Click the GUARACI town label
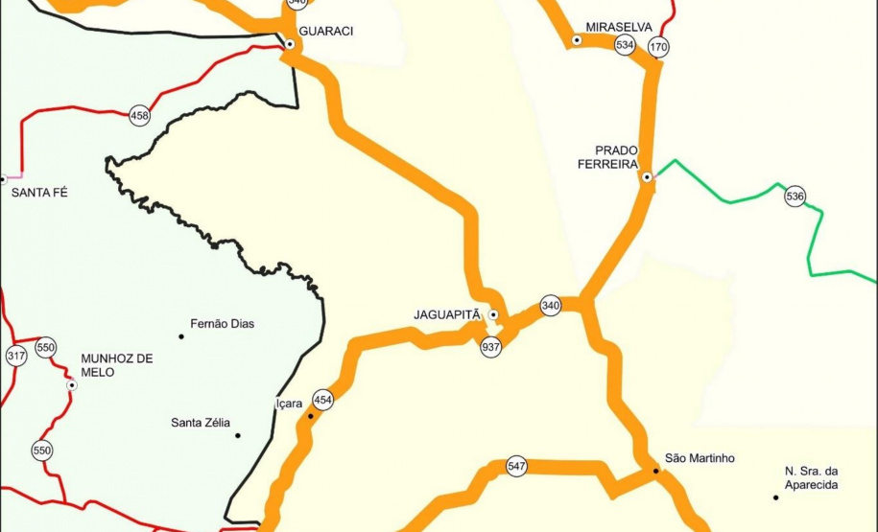tap(326, 31)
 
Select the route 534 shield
tap(625, 45)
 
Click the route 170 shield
tap(657, 47)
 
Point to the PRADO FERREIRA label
tap(608, 157)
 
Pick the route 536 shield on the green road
tap(795, 197)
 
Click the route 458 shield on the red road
tap(140, 116)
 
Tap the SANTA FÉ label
tap(39, 193)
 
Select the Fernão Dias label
tap(223, 324)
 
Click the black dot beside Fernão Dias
tap(180, 335)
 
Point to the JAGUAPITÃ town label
tap(448, 314)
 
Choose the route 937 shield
tap(491, 347)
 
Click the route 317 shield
tap(15, 356)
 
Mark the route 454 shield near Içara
tap(322, 401)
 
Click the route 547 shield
tap(516, 467)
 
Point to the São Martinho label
tap(700, 458)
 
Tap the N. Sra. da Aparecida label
tap(811, 477)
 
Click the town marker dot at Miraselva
tap(576, 40)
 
